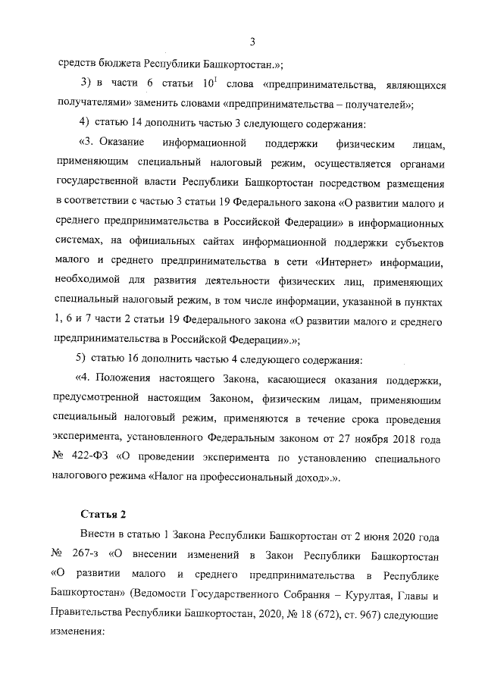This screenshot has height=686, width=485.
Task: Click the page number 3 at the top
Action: [x=252, y=41]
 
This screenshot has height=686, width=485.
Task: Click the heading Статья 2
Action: [x=103, y=517]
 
